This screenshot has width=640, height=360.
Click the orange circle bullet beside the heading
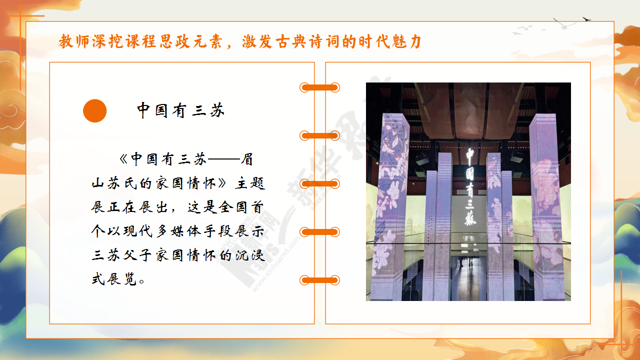[95, 111]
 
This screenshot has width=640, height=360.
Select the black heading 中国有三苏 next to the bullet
[181, 110]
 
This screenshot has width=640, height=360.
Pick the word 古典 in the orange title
[291, 41]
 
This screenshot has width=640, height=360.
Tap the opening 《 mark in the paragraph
[123, 159]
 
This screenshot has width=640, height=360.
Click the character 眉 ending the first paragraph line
[247, 159]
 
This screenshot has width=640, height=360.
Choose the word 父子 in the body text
[137, 255]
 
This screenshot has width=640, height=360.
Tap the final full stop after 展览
[141, 281]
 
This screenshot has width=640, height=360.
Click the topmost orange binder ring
[319, 87]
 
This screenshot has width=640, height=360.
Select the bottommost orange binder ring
[319, 280]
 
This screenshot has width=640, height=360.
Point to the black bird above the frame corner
[586, 19]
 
